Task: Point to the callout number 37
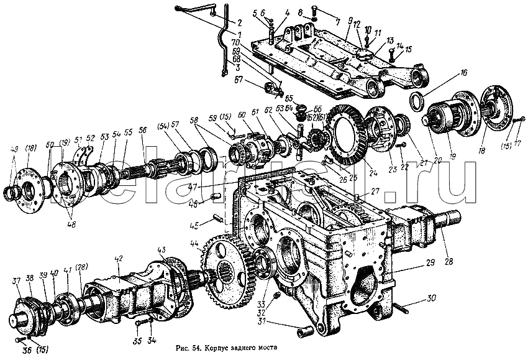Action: click(17, 281)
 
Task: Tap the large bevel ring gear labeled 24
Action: click(348, 134)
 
